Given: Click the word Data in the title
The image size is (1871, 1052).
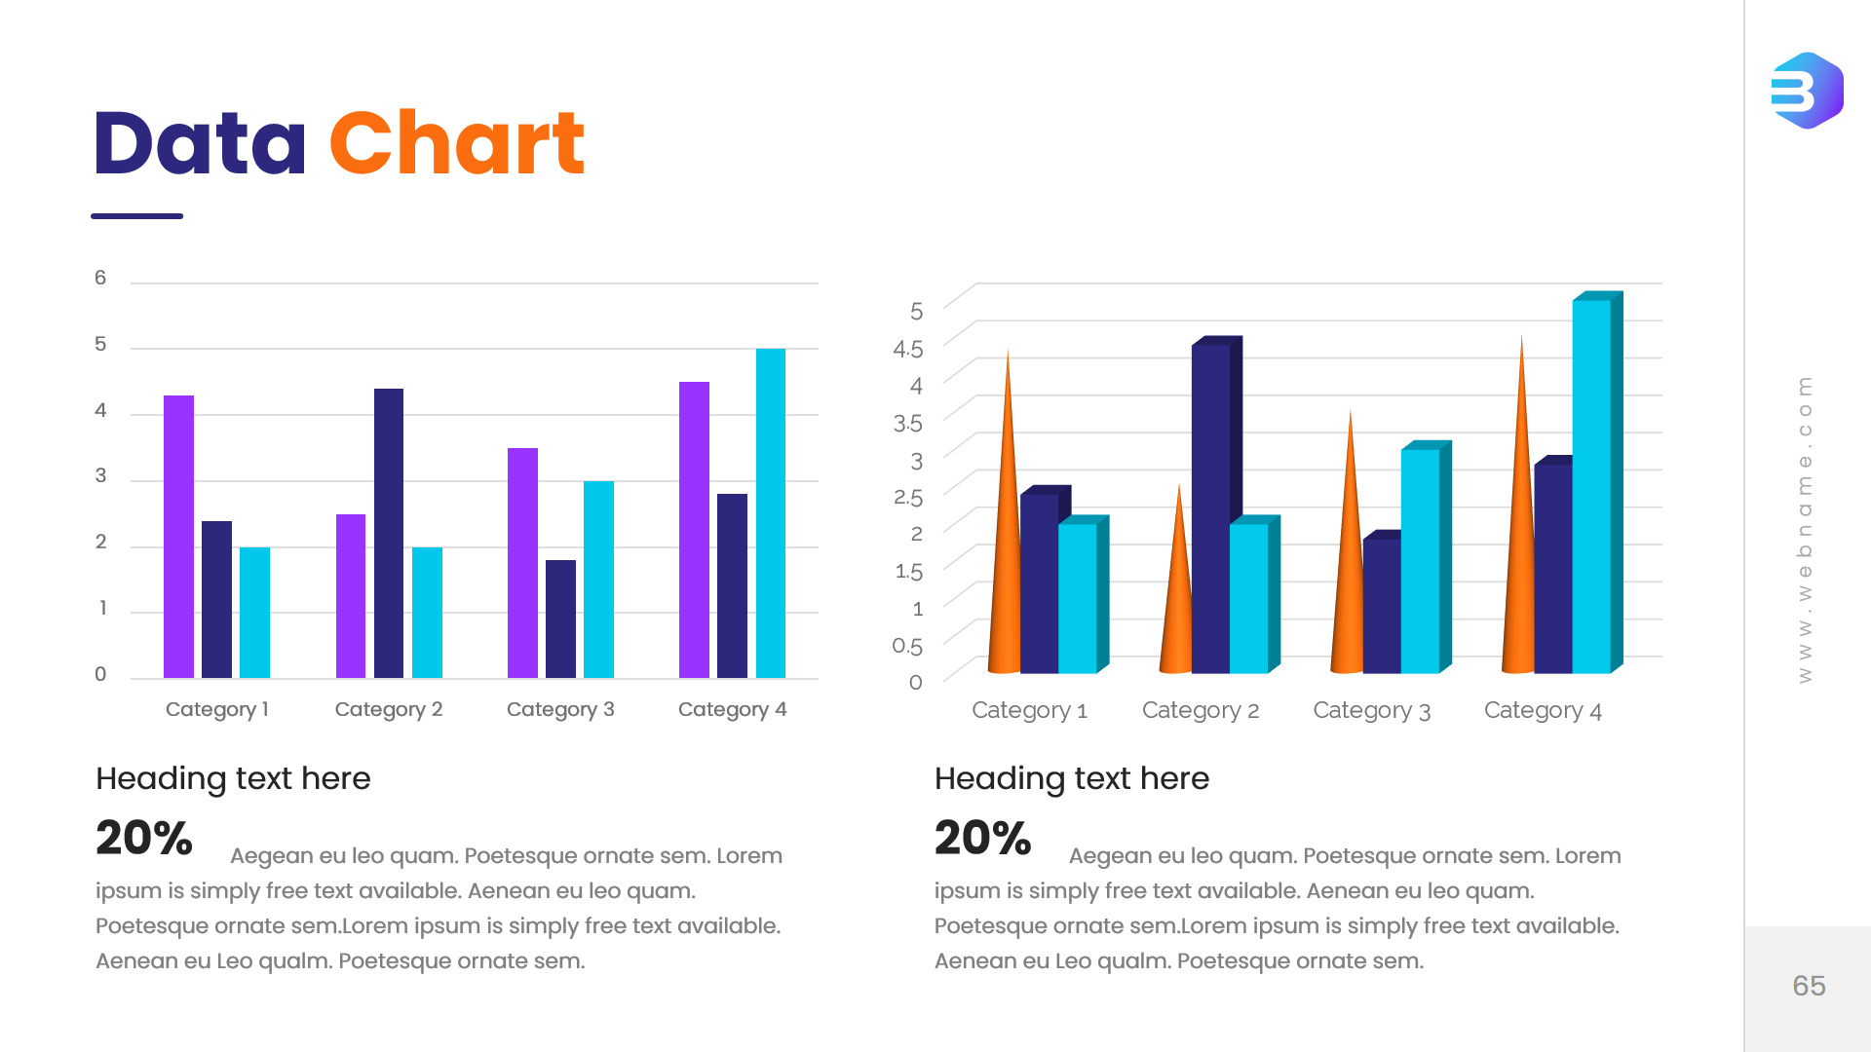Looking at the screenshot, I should tap(200, 144).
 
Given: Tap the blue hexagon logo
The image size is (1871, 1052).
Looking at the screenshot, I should tap(1807, 91).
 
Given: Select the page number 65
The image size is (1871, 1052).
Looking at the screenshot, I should tap(1809, 986).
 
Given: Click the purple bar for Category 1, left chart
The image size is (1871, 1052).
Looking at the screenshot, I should tap(178, 536).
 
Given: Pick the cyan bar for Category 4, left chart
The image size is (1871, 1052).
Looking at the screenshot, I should tap(770, 512).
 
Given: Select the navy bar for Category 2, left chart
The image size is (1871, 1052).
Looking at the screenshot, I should tap(388, 533).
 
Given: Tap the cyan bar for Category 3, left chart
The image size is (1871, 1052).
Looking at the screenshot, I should tap(598, 579).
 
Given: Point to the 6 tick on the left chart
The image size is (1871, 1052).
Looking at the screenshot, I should tap(100, 278).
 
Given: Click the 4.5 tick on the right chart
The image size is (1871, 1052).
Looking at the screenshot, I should tap(907, 349).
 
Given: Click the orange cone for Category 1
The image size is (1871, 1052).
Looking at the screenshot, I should tap(1005, 545).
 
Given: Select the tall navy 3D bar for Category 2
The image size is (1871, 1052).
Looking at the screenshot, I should tap(1210, 507).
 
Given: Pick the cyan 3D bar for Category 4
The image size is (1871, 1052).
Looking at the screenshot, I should tap(1591, 487).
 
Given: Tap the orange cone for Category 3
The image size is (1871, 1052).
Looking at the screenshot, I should tap(1348, 575).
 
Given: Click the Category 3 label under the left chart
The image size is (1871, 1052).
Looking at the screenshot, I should tap(560, 709).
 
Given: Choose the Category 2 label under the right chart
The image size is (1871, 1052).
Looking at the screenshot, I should tap(1201, 710).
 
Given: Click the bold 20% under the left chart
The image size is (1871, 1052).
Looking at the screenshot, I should tap(144, 838).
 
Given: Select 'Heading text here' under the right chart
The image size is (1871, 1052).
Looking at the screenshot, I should tap(1071, 778).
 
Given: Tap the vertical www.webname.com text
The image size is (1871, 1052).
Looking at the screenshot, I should tap(1805, 529).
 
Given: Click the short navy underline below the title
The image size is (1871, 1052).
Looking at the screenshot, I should tap(136, 216).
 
